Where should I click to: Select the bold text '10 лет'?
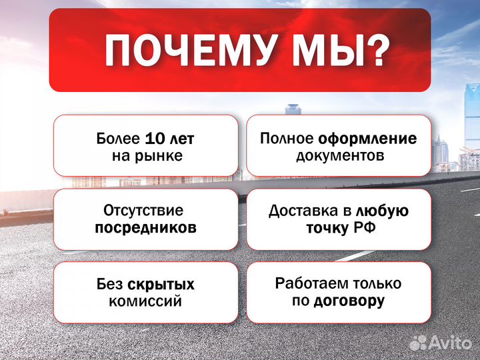pyautogui.click(x=169, y=139)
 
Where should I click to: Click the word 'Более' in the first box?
pyautogui.click(x=119, y=139)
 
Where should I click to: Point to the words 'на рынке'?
pyautogui.click(x=146, y=156)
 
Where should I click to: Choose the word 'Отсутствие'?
pyautogui.click(x=143, y=211)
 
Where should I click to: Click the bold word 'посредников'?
pyautogui.click(x=145, y=227)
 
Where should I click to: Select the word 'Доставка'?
pyautogui.click(x=301, y=211)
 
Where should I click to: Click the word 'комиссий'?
pyautogui.click(x=145, y=301)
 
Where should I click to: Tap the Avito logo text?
pyautogui.click(x=452, y=343)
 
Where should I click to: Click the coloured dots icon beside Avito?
pyautogui.click(x=419, y=343)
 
